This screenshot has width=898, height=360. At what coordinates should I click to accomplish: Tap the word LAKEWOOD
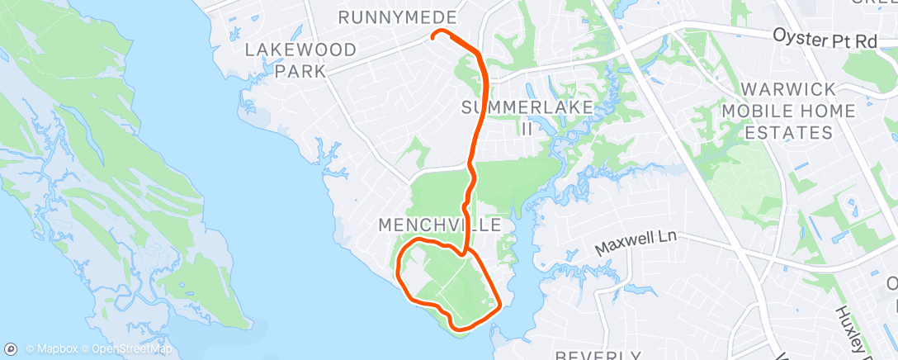(x=301, y=50)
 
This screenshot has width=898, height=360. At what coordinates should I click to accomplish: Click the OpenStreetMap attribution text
(x=132, y=349)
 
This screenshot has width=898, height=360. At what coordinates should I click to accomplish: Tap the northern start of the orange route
(x=433, y=36)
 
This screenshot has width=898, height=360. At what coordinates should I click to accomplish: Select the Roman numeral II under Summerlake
(x=527, y=128)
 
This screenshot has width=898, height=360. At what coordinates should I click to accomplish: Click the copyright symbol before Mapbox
(x=31, y=349)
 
